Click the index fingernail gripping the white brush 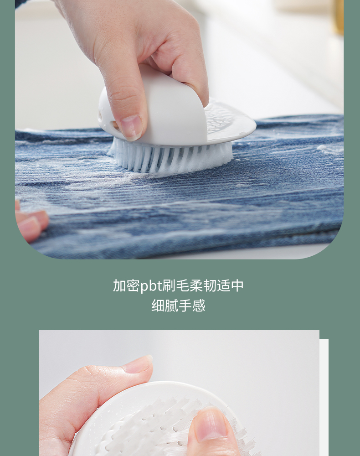tap(131, 127)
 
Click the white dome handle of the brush tap(154, 108)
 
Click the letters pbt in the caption tap(151, 286)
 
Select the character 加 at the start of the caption tap(120, 286)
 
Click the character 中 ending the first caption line tap(237, 286)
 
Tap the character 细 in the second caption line tap(158, 306)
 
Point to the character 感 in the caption tap(199, 306)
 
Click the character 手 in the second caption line tap(185, 306)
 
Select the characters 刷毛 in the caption tap(175, 286)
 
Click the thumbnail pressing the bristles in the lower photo tap(210, 423)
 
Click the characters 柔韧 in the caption tap(203, 286)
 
